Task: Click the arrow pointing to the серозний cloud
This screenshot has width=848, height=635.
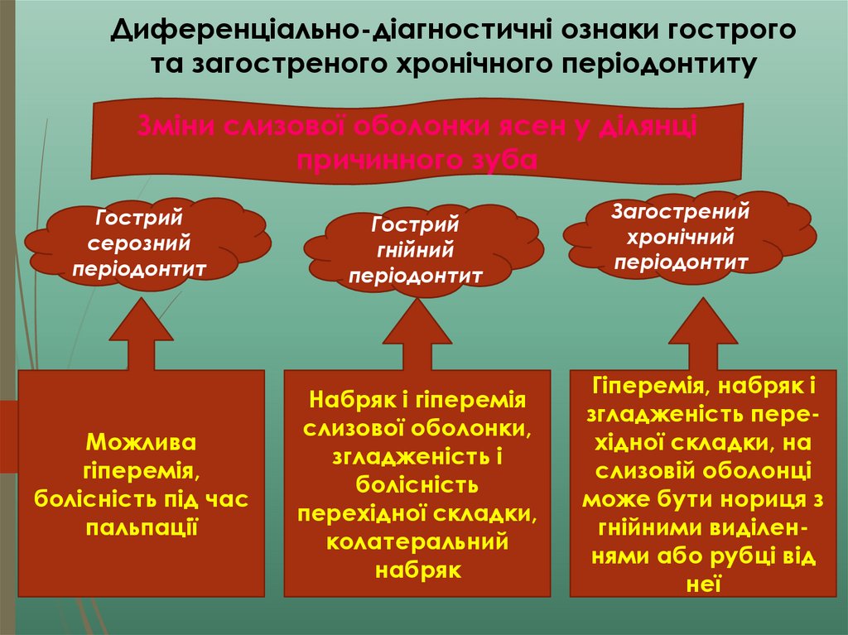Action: point(142,335)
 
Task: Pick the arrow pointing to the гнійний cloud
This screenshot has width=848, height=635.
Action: point(417,335)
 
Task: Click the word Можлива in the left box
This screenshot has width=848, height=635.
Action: point(142,442)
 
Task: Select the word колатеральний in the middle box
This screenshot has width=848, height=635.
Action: point(417,542)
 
